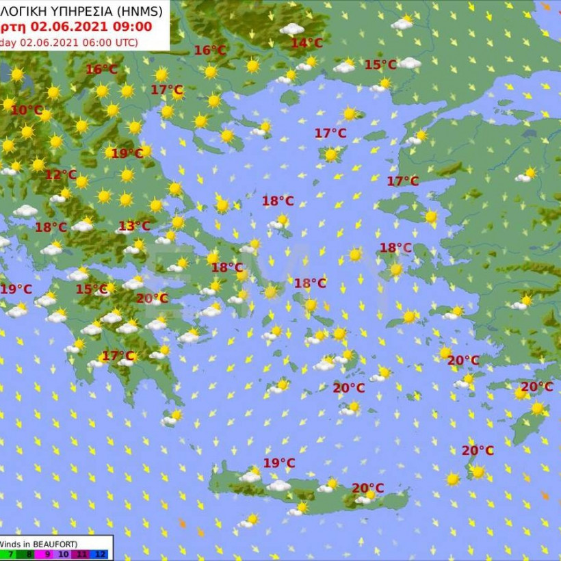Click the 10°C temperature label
click(27, 110)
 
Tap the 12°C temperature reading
click(61, 174)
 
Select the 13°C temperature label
click(134, 226)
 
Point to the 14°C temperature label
click(306, 43)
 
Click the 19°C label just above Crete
click(279, 463)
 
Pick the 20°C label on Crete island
click(367, 488)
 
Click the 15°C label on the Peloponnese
click(92, 289)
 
